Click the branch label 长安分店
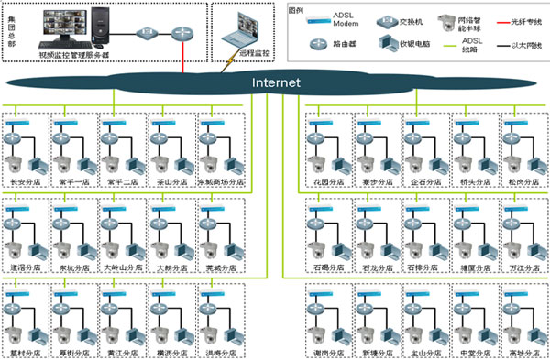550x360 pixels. [x=24, y=182]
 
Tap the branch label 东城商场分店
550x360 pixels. [x=221, y=182]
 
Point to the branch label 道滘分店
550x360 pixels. [x=24, y=268]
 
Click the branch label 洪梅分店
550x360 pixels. [x=221, y=352]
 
